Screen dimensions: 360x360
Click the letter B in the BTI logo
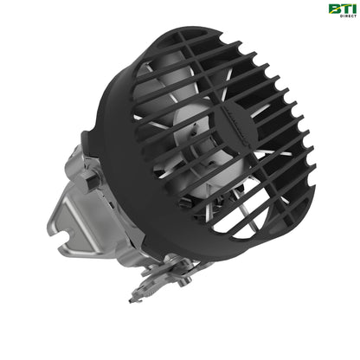(x=333, y=10)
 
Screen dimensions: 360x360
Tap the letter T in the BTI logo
(x=342, y=10)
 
